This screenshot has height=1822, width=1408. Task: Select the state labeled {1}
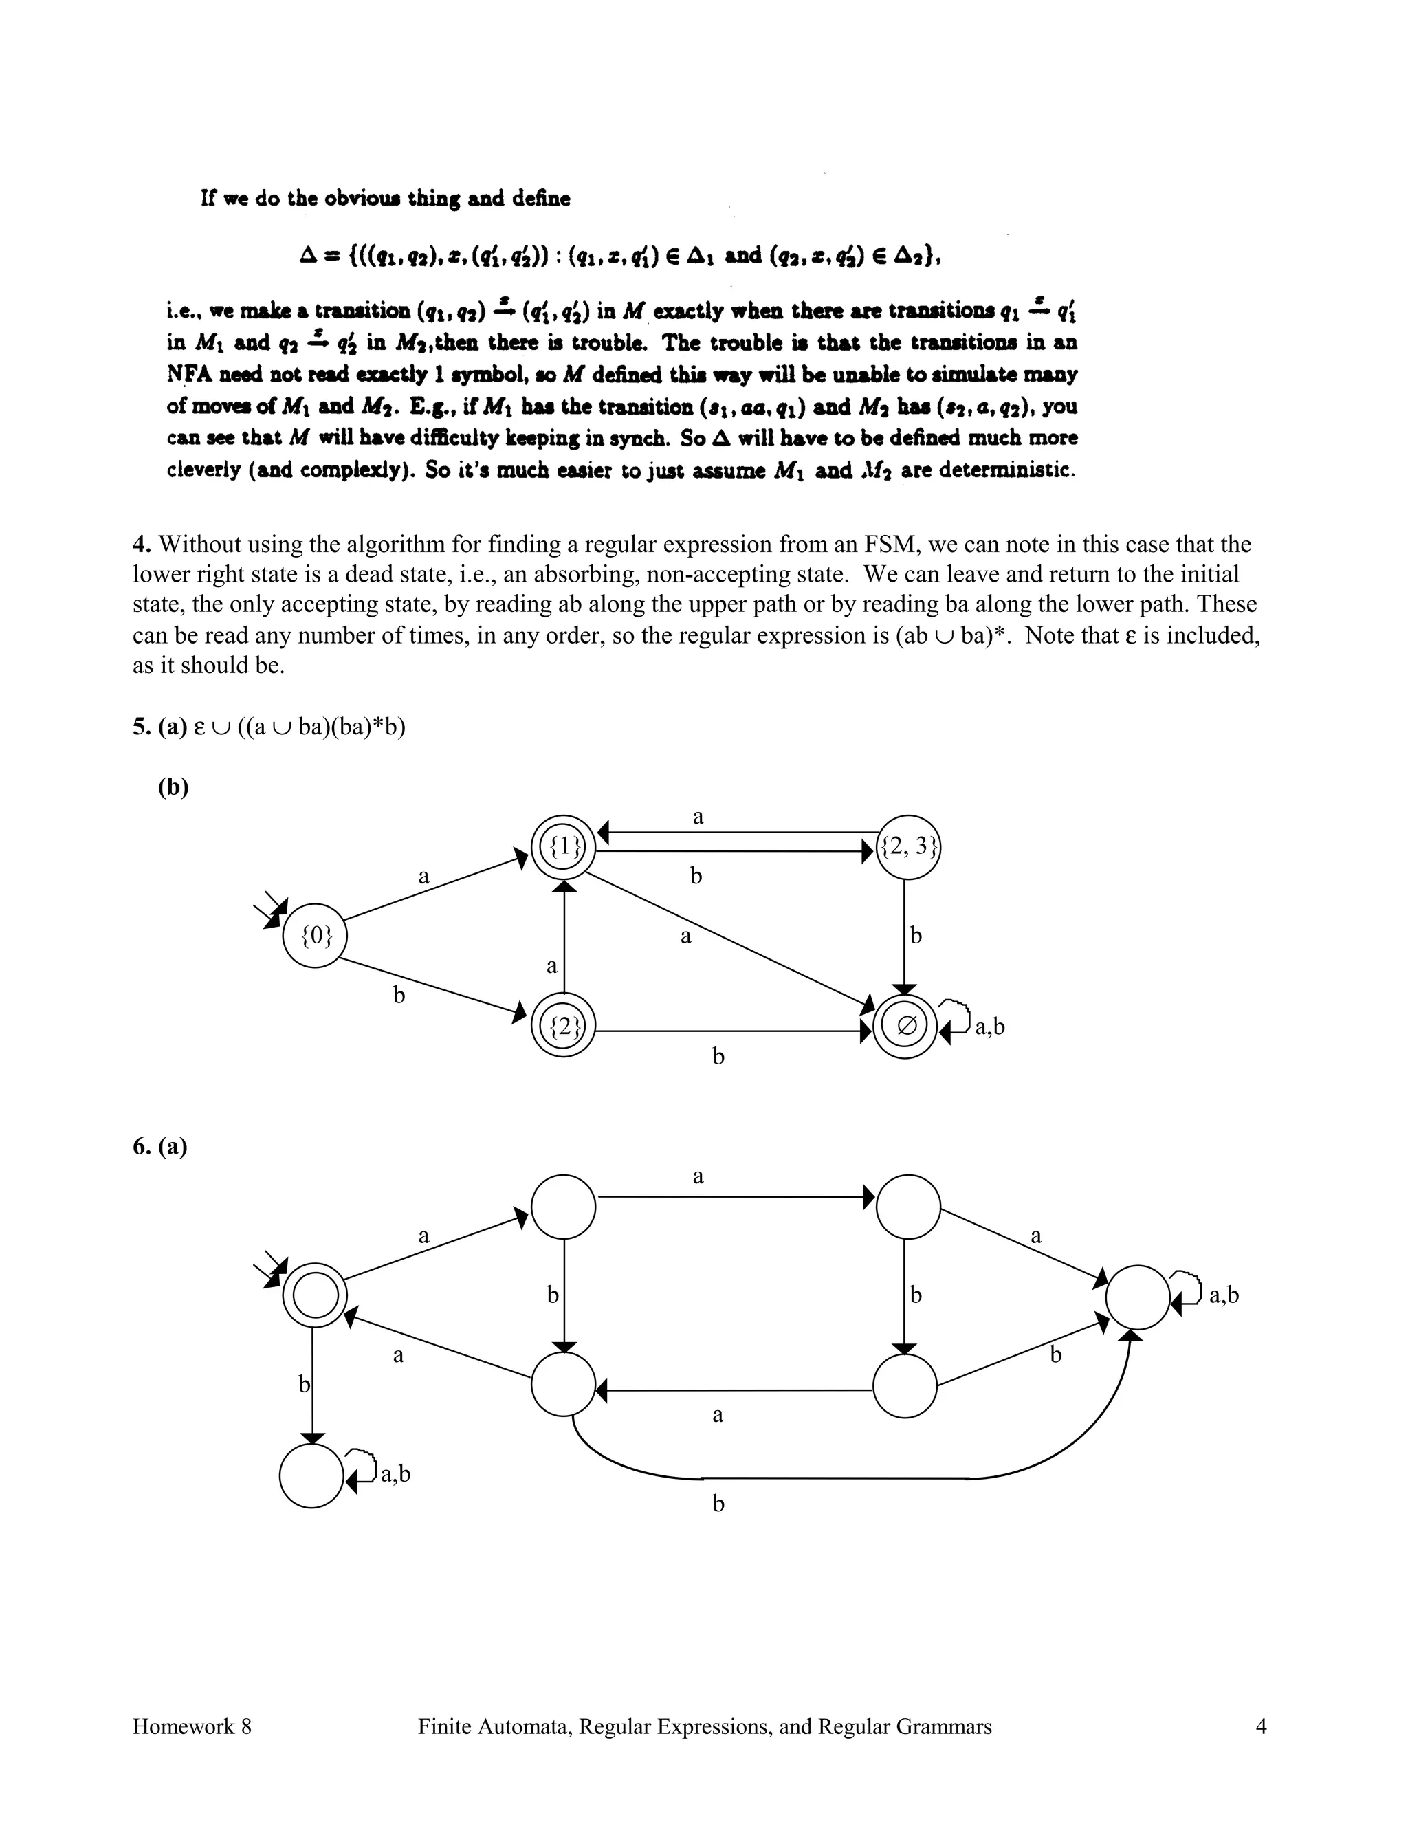point(564,848)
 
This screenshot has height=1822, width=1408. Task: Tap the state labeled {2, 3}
point(908,848)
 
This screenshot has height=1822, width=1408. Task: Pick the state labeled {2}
point(564,1027)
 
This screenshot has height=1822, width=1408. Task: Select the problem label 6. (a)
point(160,1146)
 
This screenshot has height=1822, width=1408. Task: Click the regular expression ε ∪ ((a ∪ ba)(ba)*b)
point(300,727)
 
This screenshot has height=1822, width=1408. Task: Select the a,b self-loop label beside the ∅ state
point(990,1027)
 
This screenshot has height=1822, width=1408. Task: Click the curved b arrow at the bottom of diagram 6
point(834,1478)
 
